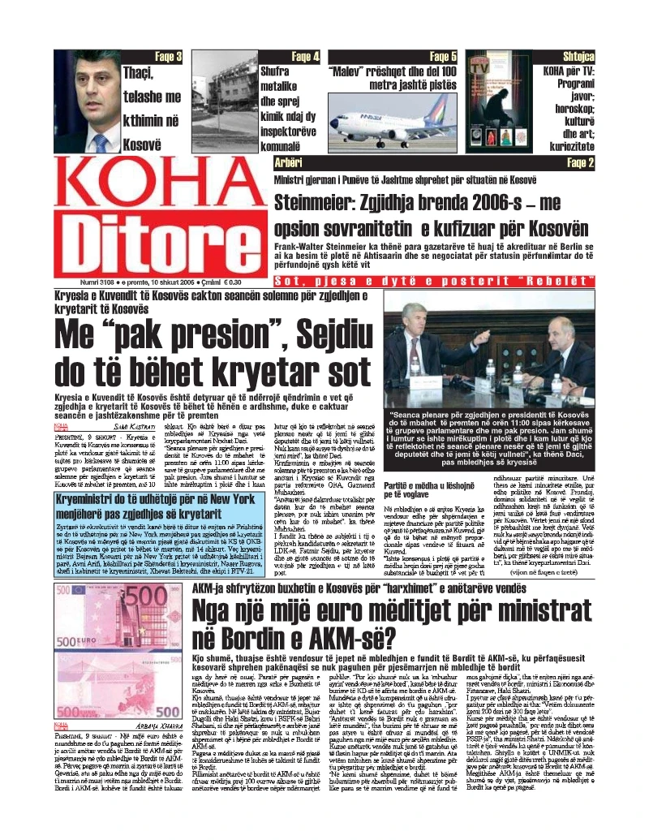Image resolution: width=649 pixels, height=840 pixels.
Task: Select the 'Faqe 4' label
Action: coord(305,57)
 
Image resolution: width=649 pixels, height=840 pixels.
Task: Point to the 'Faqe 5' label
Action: coord(443,57)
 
